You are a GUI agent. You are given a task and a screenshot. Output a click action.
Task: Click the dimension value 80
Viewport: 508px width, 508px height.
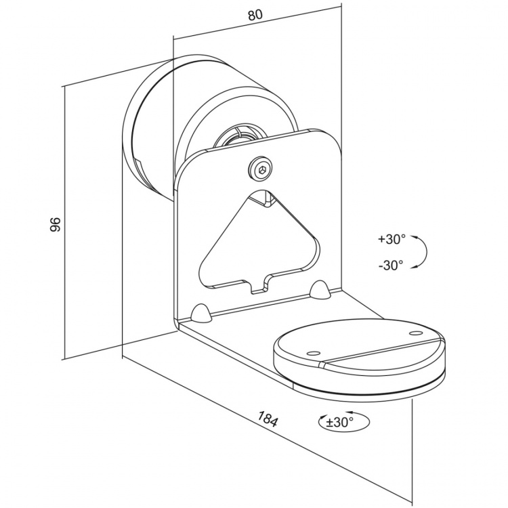coord(255,16)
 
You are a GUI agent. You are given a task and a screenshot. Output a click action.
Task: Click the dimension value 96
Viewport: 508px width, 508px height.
coord(56,225)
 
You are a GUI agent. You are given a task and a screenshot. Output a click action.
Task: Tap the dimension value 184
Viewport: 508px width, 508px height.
coord(268,419)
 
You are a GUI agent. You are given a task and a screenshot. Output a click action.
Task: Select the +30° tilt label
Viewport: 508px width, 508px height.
coord(392,239)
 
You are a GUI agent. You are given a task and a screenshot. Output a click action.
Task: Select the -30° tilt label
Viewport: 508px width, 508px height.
coord(391,265)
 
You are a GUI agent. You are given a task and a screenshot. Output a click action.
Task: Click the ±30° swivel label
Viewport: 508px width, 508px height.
coord(340,422)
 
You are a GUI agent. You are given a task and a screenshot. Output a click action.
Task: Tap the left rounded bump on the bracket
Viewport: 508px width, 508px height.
coord(201,313)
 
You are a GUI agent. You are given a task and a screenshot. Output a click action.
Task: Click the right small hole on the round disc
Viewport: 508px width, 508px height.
coord(413,333)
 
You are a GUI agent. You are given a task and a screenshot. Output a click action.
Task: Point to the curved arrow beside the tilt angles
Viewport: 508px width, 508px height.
coord(421,252)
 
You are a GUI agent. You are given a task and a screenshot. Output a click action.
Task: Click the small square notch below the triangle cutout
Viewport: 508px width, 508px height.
coord(261,284)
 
